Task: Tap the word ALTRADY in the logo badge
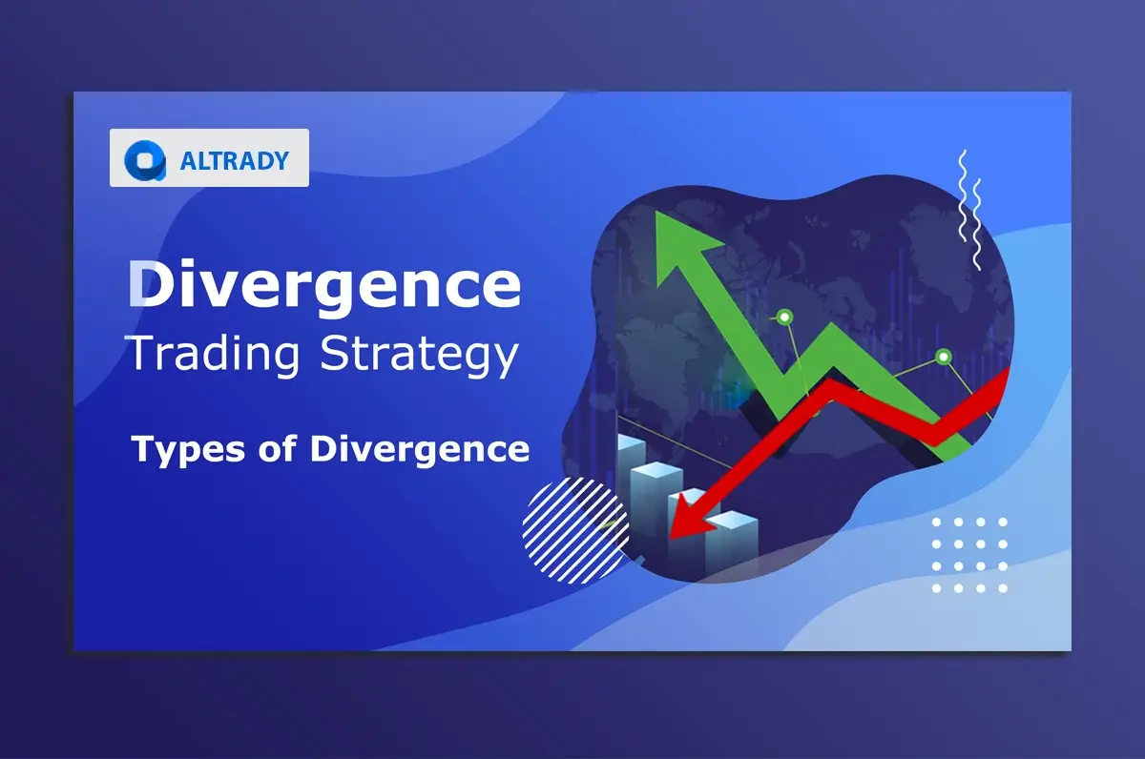pos(234,160)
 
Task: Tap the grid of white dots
pos(968,555)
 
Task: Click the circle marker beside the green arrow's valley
pos(784,316)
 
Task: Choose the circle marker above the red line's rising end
pos(944,358)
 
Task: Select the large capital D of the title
pos(154,285)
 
